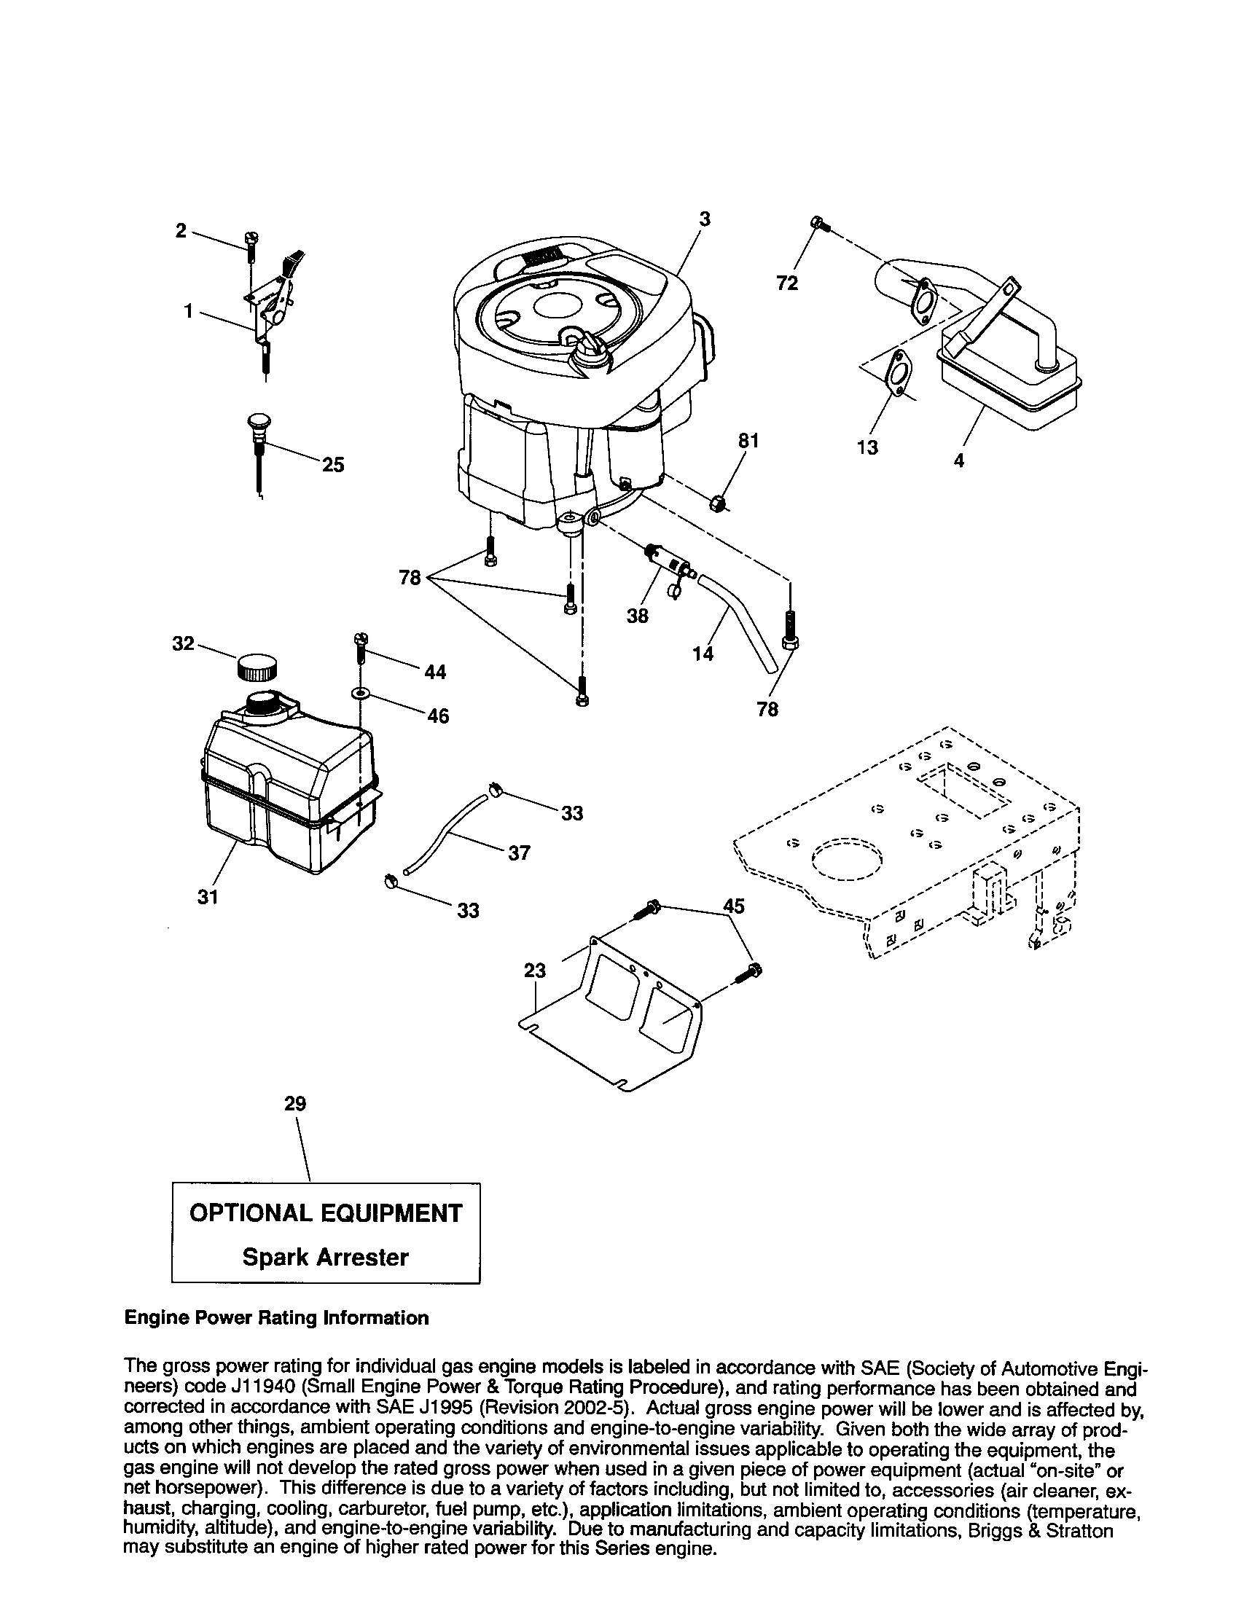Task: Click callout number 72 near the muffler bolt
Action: pos(787,283)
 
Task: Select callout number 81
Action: pos(748,441)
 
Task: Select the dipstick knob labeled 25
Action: pos(255,424)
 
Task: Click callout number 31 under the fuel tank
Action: pos(208,897)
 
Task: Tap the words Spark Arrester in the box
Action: pos(325,1258)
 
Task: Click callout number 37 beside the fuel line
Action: pos(519,853)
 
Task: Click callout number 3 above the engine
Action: pos(704,219)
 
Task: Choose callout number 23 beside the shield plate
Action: pos(535,971)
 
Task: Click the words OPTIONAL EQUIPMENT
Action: pos(326,1213)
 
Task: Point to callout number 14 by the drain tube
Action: pos(703,653)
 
